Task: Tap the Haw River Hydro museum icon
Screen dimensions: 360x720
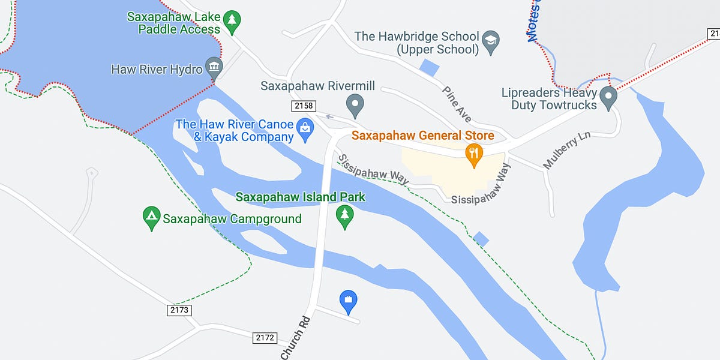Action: click(x=214, y=67)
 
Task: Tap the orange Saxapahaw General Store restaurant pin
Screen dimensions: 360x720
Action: click(x=474, y=154)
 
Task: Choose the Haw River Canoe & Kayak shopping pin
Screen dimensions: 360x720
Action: click(x=305, y=130)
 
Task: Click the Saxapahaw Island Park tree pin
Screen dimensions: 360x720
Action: click(x=344, y=216)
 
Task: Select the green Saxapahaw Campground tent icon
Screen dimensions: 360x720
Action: click(x=151, y=218)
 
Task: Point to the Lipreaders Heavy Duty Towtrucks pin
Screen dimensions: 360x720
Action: click(x=608, y=97)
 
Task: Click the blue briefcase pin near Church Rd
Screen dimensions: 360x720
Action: click(x=348, y=301)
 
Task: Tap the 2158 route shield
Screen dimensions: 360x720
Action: click(x=303, y=106)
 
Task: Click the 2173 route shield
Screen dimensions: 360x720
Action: click(x=179, y=310)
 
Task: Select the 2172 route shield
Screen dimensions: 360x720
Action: click(x=265, y=338)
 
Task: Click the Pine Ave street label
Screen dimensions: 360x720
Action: click(x=457, y=104)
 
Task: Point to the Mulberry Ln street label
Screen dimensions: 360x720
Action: click(x=566, y=150)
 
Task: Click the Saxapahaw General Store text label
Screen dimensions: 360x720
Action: click(x=422, y=136)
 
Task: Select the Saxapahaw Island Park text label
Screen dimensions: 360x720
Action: click(x=300, y=197)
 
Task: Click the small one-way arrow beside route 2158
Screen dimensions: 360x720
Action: click(x=329, y=116)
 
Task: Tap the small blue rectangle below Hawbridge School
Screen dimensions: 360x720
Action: click(x=429, y=67)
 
